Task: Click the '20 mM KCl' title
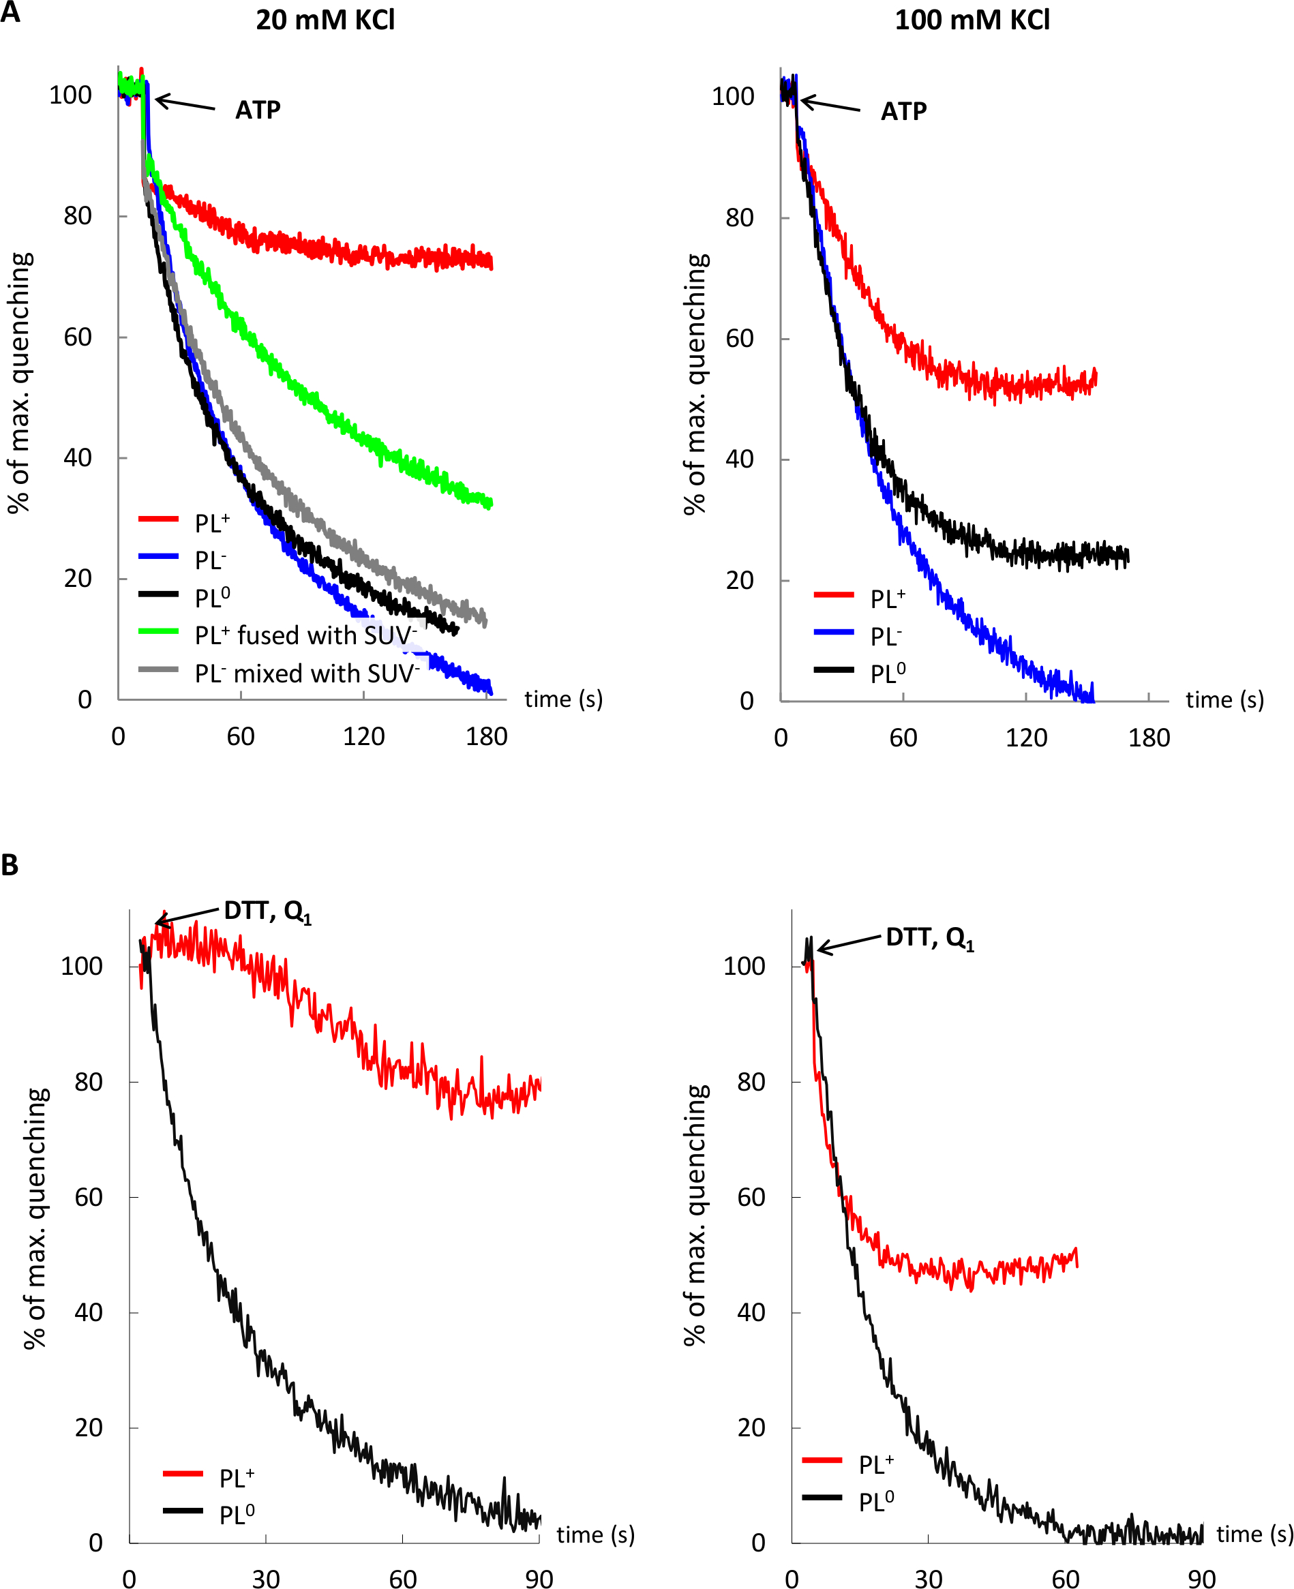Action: coord(325,20)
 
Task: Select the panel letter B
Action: coord(10,865)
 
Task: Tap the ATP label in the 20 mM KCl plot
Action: coord(258,110)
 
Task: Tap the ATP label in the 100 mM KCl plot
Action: coord(903,112)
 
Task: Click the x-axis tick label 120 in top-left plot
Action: coord(364,737)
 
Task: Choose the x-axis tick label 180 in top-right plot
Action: coord(1149,738)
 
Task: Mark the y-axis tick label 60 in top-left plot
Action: coord(78,337)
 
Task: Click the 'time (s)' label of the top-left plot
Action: coord(564,699)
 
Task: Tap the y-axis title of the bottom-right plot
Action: coord(695,1215)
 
